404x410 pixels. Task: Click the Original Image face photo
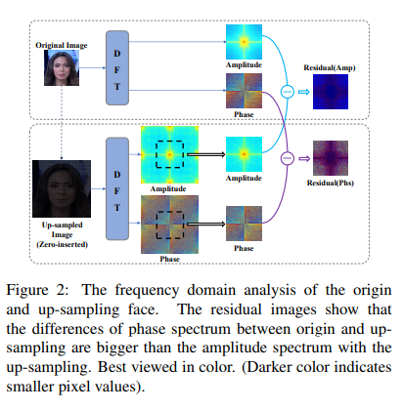pos(62,67)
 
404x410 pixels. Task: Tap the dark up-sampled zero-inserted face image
pos(62,188)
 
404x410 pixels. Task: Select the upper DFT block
pos(117,68)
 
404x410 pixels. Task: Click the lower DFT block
pos(117,188)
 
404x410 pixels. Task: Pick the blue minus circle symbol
pos(288,92)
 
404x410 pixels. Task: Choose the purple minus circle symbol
pos(288,158)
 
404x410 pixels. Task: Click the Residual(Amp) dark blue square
pos(331,92)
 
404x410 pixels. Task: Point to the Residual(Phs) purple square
pos(331,158)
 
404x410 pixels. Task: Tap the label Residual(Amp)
pos(330,67)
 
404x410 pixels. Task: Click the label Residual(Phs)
pos(331,183)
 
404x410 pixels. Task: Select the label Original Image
pos(62,45)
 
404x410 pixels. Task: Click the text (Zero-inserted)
pos(62,244)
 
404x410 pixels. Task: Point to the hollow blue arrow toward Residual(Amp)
pos(304,92)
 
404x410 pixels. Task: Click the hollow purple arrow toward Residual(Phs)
pos(304,158)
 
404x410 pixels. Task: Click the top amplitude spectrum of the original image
pos(244,42)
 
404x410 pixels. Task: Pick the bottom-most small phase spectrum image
pos(244,224)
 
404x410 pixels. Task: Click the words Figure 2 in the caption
pos(37,290)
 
